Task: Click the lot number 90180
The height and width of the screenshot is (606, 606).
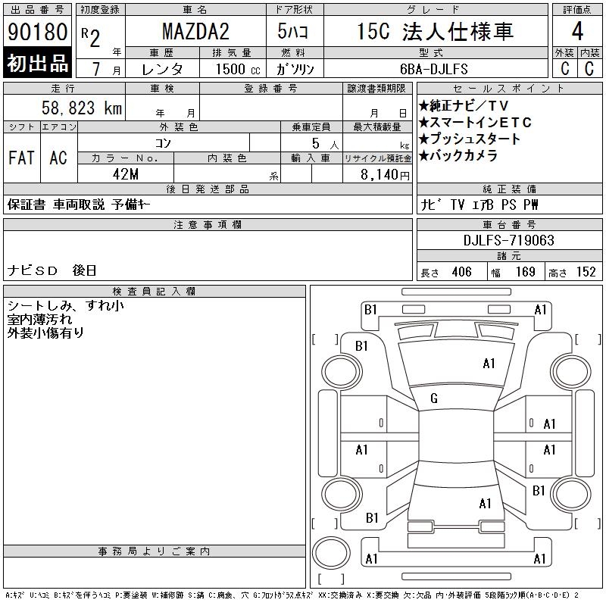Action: point(37,32)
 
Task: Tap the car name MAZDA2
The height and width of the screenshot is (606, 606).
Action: point(195,31)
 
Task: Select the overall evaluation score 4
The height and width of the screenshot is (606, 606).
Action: point(577,31)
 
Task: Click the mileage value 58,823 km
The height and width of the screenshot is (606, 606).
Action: point(82,108)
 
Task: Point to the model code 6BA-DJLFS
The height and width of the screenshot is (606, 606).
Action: point(433,69)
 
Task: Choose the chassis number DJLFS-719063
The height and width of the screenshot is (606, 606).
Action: point(508,240)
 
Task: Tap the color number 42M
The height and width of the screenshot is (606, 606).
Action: point(126,174)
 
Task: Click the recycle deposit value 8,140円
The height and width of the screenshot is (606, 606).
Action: point(385,175)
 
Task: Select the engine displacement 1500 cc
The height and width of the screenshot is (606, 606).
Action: point(238,69)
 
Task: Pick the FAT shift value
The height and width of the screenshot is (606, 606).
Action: point(21,158)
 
